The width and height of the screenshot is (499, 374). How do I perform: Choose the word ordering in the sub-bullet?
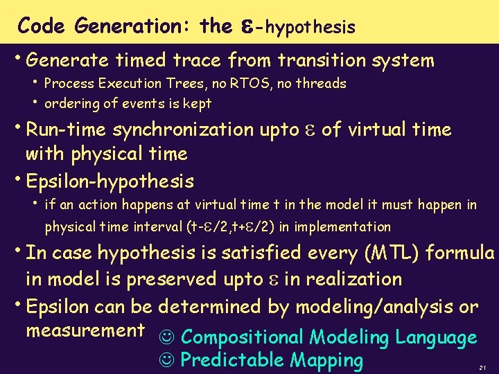pyautogui.click(x=70, y=105)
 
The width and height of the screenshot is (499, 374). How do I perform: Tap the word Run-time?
pyautogui.click(x=66, y=130)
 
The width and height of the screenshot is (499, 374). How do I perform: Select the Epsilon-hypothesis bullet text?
pyautogui.click(x=110, y=182)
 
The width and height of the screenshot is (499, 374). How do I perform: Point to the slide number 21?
pyautogui.click(x=482, y=366)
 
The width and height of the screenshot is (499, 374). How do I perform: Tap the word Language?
pyautogui.click(x=436, y=338)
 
